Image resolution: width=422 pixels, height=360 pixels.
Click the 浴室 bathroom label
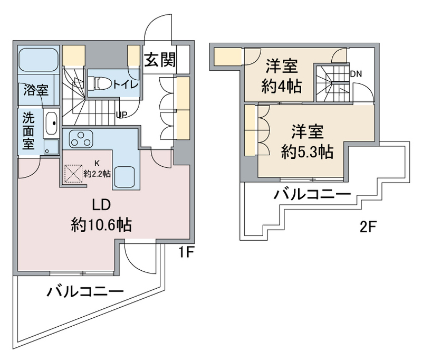[35, 90]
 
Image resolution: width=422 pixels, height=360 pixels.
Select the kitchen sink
[125, 176]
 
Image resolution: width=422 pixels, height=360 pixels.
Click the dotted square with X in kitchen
[73, 174]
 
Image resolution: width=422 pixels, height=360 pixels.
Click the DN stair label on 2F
[356, 73]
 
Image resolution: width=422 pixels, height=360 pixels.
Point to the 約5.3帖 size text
[307, 151]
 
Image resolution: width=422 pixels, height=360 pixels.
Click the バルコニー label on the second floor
[312, 196]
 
